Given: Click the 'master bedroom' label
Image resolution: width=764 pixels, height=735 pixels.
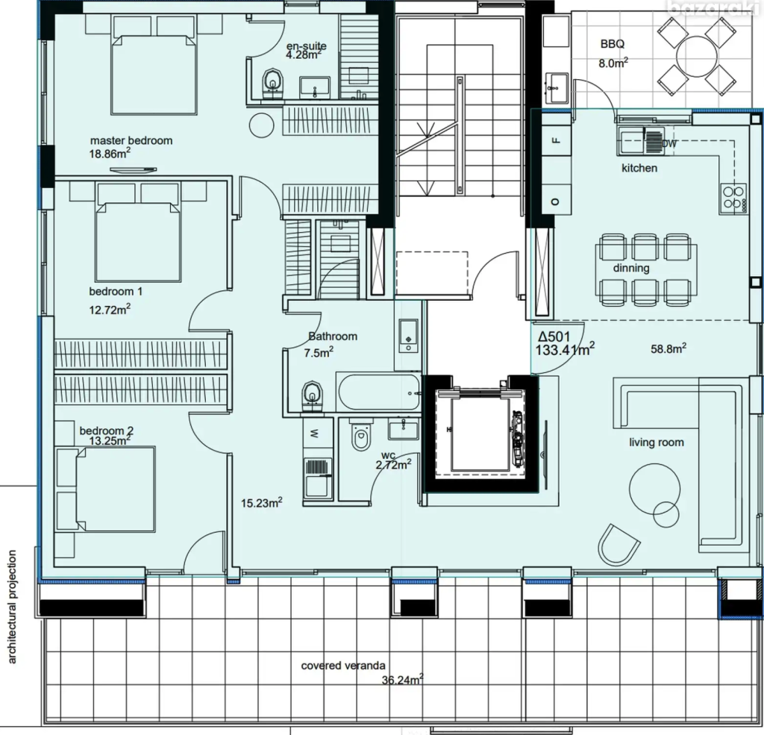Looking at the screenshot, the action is point(131,141).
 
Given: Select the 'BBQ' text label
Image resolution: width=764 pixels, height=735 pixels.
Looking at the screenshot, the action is point(613,44).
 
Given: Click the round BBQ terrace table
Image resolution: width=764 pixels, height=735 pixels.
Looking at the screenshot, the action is point(697,57).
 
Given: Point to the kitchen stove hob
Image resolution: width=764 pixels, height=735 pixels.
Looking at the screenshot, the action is point(733,198).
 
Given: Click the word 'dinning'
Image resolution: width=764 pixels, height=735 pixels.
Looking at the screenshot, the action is point(631,269).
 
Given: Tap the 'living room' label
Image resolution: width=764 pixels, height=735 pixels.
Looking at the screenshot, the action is point(657,442).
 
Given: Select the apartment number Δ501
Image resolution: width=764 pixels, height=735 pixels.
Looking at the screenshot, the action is point(554,337).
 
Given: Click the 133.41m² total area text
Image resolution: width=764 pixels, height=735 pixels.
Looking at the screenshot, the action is point(565,349).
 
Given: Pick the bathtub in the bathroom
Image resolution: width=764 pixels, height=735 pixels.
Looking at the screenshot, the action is point(378,392).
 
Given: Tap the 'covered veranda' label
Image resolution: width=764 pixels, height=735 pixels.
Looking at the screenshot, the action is point(343,666).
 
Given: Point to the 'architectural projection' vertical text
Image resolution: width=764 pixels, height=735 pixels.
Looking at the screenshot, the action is point(12,607).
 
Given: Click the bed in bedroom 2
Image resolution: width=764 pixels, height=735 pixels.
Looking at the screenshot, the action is point(106,489).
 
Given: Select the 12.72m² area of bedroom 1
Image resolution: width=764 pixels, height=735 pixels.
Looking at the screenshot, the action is point(110,310).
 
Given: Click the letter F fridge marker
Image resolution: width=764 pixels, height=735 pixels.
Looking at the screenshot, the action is point(557,141).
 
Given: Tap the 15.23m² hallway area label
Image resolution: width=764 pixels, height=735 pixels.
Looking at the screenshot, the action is point(262,502).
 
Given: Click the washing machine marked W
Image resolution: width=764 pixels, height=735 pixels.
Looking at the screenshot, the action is point(318,434).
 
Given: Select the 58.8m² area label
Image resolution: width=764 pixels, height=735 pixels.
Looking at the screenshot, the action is point(668,348).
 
